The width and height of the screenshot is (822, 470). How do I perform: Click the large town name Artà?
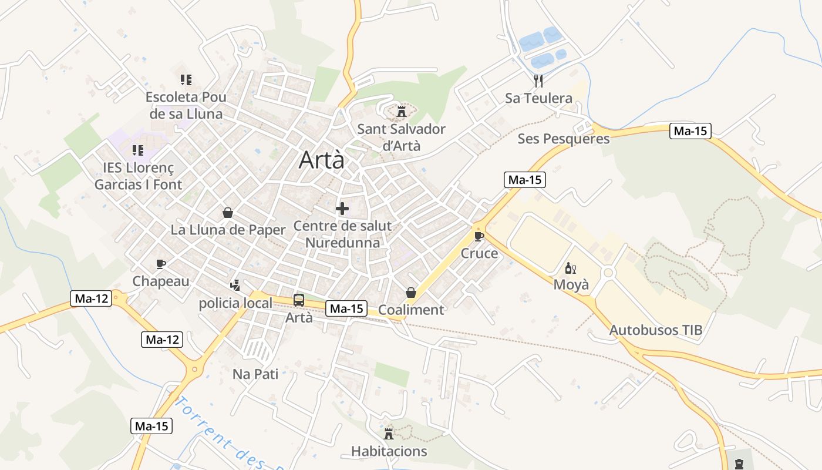click(321, 160)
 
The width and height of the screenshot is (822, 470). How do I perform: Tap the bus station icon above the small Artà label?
click(298, 300)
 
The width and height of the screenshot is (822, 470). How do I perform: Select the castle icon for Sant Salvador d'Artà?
click(402, 110)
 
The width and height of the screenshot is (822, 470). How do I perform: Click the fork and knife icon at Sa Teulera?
click(538, 80)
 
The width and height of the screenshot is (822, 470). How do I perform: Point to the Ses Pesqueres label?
click(563, 139)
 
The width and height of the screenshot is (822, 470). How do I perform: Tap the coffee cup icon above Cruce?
click(479, 236)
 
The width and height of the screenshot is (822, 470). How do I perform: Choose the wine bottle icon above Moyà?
click(570, 268)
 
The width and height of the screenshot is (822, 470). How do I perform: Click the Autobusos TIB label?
click(655, 330)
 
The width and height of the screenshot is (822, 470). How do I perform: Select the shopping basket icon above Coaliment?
click(411, 293)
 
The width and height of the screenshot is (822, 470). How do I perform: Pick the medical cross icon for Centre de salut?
click(342, 208)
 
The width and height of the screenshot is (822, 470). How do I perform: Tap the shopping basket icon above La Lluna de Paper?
click(228, 213)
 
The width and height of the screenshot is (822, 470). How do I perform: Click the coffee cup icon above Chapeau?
click(161, 264)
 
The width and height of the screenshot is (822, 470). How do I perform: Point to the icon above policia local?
click(235, 286)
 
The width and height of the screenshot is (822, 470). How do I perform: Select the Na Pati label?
click(255, 374)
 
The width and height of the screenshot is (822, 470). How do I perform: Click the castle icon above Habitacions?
click(389, 434)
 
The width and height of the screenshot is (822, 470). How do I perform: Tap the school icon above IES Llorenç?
click(138, 150)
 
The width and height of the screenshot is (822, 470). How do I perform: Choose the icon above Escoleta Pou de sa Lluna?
click(186, 79)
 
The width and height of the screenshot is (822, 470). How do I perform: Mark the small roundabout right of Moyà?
click(608, 273)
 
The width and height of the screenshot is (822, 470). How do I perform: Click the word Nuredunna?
click(342, 243)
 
